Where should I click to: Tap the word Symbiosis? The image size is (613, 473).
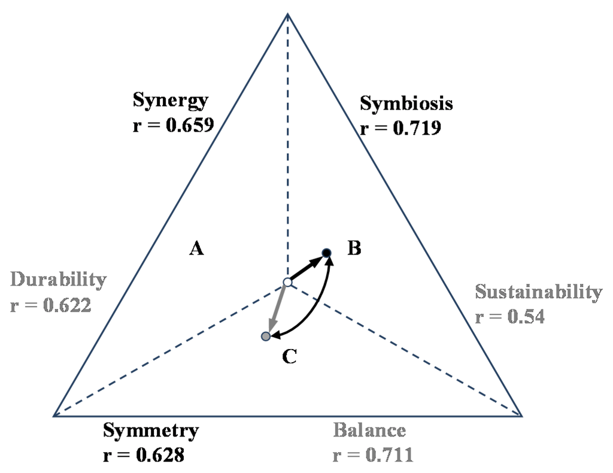tap(406, 104)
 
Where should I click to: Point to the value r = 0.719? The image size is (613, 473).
tap(400, 128)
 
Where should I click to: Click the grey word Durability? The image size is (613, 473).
tap(59, 280)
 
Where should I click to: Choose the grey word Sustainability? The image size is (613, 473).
tap(538, 292)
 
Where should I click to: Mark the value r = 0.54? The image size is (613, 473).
tap(510, 316)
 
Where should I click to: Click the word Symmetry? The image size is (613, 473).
tap(150, 430)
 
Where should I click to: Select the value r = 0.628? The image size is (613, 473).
tap(144, 455)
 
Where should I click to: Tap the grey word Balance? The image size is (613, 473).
tap(369, 430)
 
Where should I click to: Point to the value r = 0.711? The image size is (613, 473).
tap(373, 455)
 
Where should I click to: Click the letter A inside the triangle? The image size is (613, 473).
tap(197, 248)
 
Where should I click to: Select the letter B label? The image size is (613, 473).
tap(354, 248)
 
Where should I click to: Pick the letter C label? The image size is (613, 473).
tap(289, 357)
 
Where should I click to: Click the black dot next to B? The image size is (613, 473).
tap(326, 253)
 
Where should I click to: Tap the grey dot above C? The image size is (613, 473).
tap(266, 336)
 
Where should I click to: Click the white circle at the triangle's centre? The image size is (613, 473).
tap(287, 282)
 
